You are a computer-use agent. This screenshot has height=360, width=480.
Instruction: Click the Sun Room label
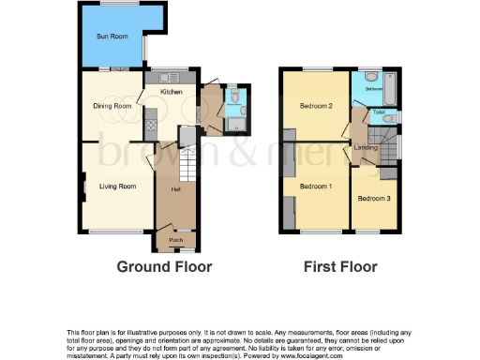112,37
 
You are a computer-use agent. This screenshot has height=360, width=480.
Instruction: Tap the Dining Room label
112,106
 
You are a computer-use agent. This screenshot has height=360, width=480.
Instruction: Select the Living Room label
118,187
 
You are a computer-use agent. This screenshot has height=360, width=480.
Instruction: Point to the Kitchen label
172,92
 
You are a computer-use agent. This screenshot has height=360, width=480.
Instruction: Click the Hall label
175,190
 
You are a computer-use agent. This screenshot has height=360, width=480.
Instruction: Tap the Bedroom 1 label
316,187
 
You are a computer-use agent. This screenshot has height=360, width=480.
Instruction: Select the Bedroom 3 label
373,198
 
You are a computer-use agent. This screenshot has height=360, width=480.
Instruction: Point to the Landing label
366,147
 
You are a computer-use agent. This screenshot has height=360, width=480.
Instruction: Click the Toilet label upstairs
379,112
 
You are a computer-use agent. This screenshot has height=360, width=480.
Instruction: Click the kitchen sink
172,76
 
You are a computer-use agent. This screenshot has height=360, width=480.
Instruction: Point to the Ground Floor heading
164,267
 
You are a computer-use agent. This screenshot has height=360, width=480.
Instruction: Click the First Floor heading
340,267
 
